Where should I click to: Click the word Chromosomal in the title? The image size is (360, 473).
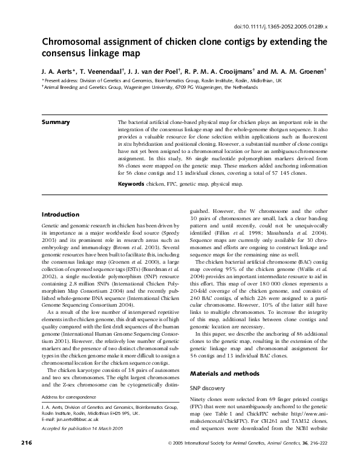[70, 43]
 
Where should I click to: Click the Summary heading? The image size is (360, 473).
[56, 122]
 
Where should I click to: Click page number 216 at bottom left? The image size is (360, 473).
[25, 460]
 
